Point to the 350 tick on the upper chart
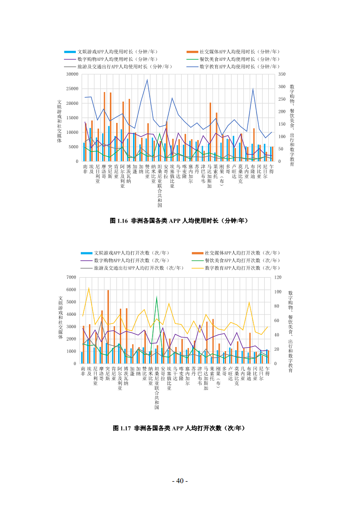[x=282, y=74]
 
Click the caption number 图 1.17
[x=122, y=428]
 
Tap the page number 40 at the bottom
[x=180, y=481]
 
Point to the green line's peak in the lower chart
[x=157, y=297]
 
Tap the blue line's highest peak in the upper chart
[x=147, y=80]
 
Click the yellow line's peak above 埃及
[x=89, y=288]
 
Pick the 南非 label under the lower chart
[x=83, y=371]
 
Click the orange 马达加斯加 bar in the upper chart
[x=210, y=132]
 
